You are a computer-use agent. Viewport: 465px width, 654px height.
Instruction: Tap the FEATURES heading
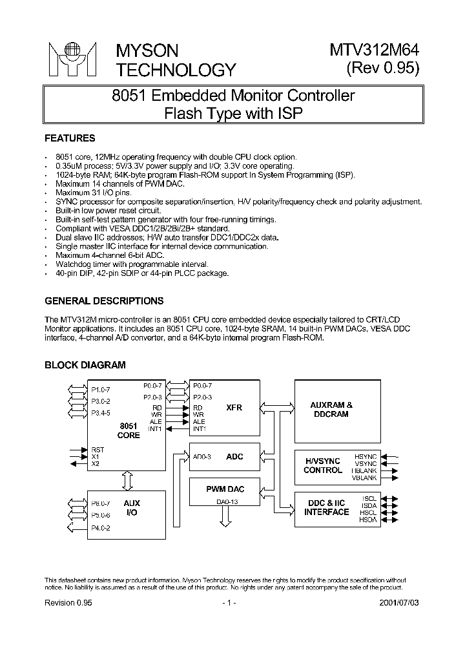(70, 138)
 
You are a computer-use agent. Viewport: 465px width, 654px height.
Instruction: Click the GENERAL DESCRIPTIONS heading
(103, 301)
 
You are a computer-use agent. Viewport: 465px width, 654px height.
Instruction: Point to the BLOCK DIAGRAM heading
(85, 365)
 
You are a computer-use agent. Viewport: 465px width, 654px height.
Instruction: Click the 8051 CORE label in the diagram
(129, 430)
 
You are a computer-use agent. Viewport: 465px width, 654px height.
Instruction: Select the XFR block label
(234, 408)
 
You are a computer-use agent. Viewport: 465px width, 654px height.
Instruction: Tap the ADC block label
(235, 457)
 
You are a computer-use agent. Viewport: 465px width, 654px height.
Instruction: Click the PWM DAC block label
(225, 489)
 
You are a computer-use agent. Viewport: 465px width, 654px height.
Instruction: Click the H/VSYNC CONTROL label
(323, 465)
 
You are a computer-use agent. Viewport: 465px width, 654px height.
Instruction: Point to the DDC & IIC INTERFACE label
(327, 507)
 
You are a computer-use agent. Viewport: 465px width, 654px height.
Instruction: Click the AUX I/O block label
(131, 507)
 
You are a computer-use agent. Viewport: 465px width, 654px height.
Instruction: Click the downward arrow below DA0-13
(225, 516)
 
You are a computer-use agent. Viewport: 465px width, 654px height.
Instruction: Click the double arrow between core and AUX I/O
(128, 479)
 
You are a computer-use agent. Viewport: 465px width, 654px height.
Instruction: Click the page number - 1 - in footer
(229, 602)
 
